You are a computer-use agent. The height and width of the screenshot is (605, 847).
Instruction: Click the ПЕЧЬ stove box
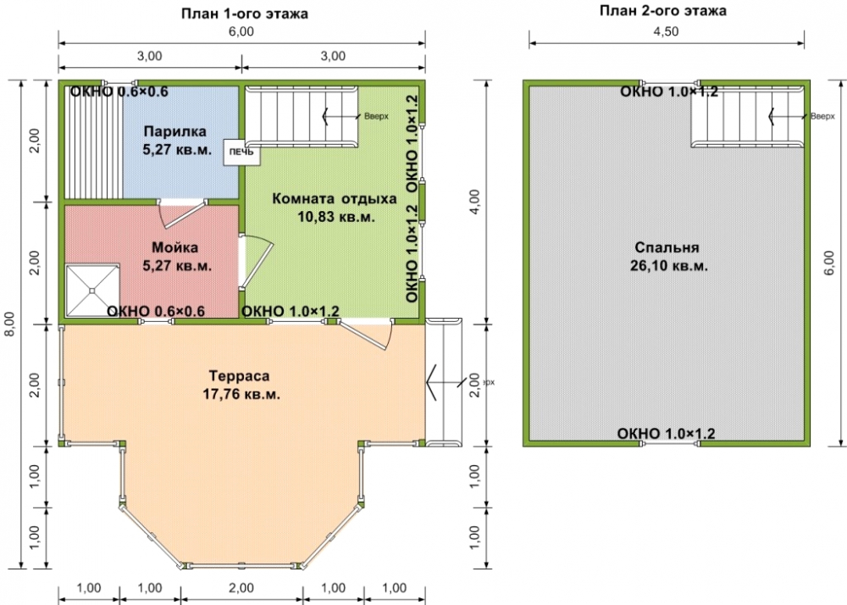tap(242, 153)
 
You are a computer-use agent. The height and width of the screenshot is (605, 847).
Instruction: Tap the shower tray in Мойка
tap(92, 291)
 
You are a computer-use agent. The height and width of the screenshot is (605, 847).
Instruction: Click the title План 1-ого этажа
tap(245, 14)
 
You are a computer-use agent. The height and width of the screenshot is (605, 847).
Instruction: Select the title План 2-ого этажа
tap(663, 10)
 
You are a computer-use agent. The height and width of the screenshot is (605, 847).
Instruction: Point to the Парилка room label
tap(175, 131)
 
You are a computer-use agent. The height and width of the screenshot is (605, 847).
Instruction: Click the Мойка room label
tap(174, 247)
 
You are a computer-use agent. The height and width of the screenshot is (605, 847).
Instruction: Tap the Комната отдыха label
tap(335, 198)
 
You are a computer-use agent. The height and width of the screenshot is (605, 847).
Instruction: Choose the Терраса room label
tap(240, 375)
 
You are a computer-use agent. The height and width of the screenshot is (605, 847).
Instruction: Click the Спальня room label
tap(667, 247)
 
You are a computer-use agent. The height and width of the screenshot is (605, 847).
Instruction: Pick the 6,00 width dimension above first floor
tap(241, 31)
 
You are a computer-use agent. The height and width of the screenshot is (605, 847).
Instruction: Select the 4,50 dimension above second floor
tap(666, 31)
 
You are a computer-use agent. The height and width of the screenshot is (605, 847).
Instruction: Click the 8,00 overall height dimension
tap(12, 324)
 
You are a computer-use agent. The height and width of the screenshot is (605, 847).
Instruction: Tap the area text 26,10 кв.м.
tap(669, 266)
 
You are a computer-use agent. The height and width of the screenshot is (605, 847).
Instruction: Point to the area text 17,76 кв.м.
tap(241, 394)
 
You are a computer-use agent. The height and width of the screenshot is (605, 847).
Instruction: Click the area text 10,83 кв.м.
tap(336, 217)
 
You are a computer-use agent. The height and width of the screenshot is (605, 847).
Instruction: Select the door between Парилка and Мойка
tap(182, 213)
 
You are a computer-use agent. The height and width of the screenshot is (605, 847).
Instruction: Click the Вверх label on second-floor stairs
tap(822, 116)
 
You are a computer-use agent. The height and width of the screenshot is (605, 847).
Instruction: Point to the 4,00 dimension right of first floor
tap(475, 202)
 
